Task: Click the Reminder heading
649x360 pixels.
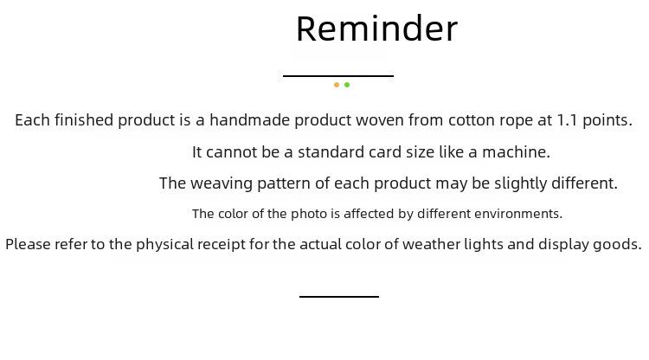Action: point(376,29)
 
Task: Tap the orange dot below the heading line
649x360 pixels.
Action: point(337,85)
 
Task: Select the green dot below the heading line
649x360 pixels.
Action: point(347,85)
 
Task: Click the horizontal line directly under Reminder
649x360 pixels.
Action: point(338,76)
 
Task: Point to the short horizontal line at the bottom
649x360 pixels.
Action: point(339,296)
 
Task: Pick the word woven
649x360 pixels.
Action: point(380,120)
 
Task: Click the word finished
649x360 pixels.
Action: point(84,120)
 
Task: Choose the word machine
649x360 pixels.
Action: point(516,151)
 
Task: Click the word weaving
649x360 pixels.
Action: point(222,183)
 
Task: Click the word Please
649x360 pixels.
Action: point(28,244)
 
